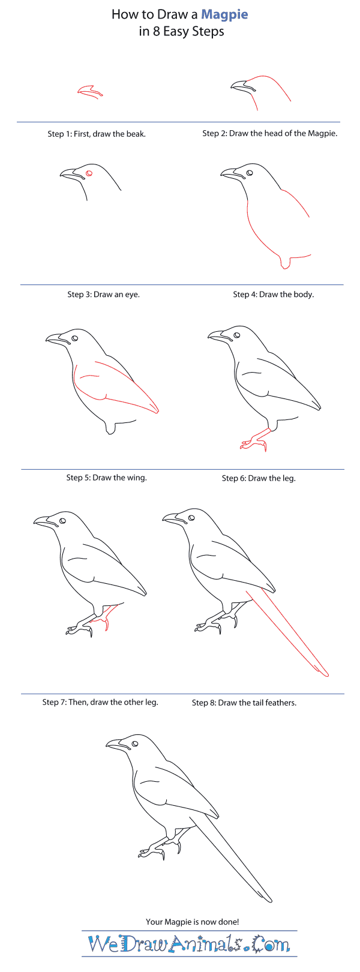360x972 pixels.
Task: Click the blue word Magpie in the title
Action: tap(224, 15)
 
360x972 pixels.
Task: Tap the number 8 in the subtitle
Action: tap(156, 32)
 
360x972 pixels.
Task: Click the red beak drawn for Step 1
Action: tap(90, 91)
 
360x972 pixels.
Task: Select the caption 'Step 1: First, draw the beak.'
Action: tap(97, 134)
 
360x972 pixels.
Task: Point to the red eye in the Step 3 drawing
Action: tap(89, 173)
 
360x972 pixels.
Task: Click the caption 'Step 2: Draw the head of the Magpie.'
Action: tap(270, 134)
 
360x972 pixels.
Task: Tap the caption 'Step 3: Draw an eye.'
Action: tap(103, 295)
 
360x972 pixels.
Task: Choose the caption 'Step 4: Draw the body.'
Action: tap(273, 295)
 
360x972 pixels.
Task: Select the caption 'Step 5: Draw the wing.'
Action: tap(106, 478)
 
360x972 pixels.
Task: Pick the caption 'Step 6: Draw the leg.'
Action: tap(259, 479)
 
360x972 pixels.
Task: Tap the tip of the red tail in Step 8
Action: tap(327, 675)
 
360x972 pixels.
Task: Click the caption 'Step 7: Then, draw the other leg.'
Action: tap(100, 702)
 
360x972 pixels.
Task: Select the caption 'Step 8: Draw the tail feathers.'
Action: tap(244, 703)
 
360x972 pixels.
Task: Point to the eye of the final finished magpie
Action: tap(135, 743)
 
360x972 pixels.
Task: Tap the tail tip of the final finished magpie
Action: tap(271, 901)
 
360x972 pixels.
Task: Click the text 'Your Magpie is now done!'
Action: tap(192, 922)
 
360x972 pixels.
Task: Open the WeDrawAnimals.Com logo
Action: tap(189, 944)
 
